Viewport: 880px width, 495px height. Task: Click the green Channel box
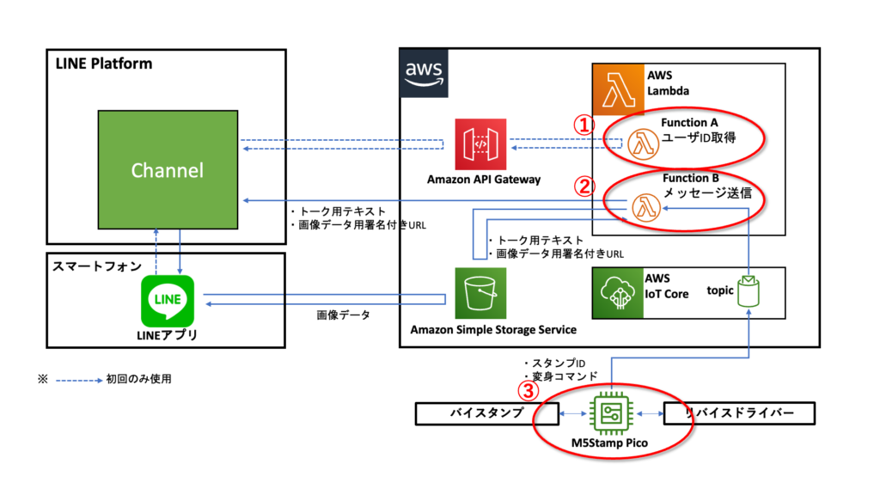click(x=167, y=169)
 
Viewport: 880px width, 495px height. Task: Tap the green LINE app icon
click(x=167, y=301)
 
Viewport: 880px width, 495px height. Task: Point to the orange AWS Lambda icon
click(x=619, y=89)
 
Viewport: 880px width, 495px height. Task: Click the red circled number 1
click(x=584, y=125)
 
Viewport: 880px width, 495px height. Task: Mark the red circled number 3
click(x=530, y=390)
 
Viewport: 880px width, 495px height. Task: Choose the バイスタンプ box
click(x=474, y=413)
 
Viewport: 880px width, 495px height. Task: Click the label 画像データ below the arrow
click(x=344, y=315)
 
